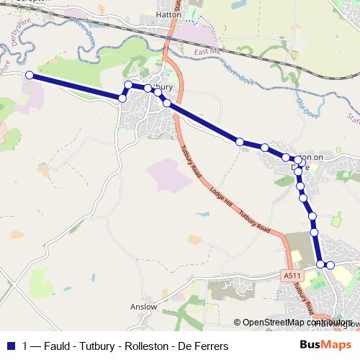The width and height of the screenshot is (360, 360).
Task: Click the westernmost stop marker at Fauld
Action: pos(30,75)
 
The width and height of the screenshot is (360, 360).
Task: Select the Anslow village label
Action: pos(143,307)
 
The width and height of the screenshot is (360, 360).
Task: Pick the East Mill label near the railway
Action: pos(207,53)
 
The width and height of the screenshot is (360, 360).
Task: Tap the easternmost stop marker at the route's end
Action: pos(330,266)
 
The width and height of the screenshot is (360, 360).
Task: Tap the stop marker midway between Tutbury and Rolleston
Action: pos(240,142)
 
